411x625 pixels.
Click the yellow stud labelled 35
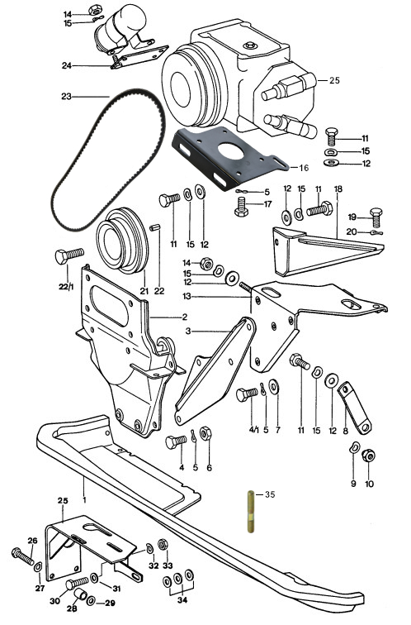[250, 512]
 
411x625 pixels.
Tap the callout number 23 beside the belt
[67, 97]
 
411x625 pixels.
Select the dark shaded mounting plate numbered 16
[229, 158]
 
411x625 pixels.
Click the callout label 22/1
[67, 286]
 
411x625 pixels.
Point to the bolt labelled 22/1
[69, 256]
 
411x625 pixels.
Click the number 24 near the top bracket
[67, 66]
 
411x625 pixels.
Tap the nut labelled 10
[368, 456]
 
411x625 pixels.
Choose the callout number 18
[338, 188]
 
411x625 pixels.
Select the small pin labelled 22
[156, 228]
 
